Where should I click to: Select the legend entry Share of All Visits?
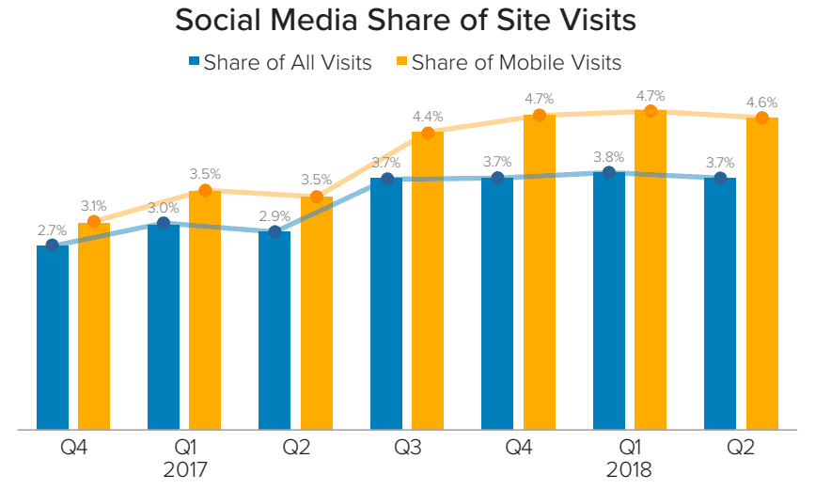(x=287, y=63)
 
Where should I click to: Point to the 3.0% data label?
(x=163, y=208)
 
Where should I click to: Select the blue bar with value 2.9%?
(x=274, y=330)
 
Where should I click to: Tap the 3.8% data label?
(x=608, y=157)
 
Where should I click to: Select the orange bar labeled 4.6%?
(x=762, y=273)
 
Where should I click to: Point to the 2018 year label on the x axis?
(x=629, y=468)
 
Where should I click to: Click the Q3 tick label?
(x=406, y=447)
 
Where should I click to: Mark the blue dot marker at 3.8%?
(x=609, y=172)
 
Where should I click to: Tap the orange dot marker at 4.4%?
(x=428, y=133)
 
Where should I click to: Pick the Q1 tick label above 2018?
(x=629, y=447)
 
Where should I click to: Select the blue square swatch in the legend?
(x=194, y=63)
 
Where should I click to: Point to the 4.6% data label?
(x=761, y=103)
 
